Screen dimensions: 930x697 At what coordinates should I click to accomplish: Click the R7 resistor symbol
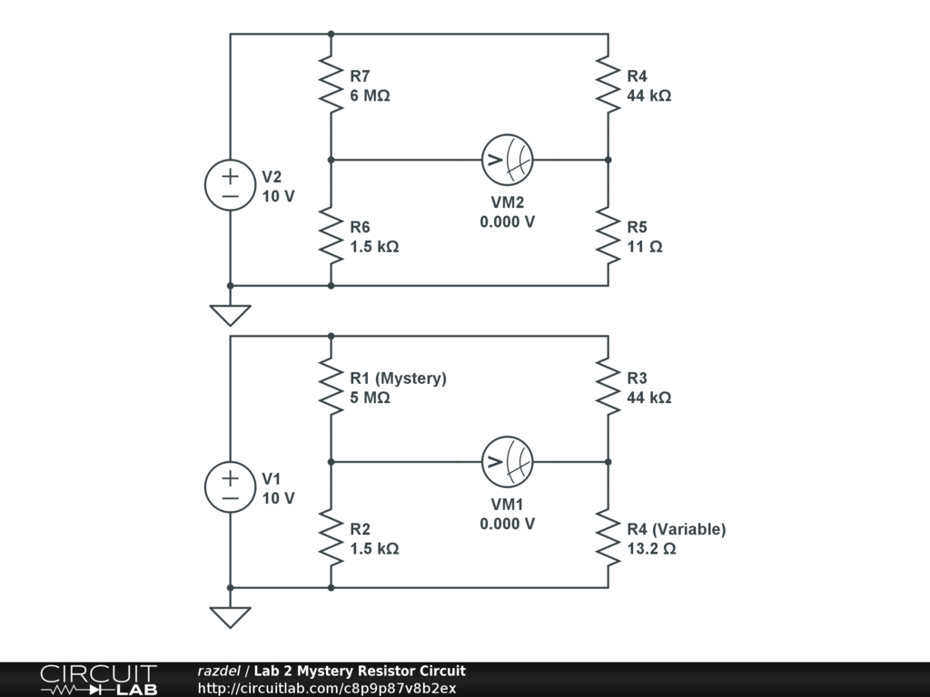[x=331, y=84]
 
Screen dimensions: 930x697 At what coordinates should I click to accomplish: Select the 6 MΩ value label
[x=371, y=95]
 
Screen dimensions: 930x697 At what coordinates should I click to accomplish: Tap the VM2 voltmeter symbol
[x=507, y=160]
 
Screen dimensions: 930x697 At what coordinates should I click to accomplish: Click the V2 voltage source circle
[x=230, y=185]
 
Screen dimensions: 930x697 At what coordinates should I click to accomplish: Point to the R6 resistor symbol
[x=331, y=235]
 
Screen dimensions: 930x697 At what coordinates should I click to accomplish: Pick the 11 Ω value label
[x=645, y=247]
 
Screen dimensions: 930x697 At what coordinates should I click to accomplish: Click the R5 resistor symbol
[x=608, y=235]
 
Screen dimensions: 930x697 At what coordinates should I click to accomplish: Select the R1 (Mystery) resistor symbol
[x=331, y=387]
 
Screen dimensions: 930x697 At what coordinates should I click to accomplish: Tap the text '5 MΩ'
[x=371, y=398]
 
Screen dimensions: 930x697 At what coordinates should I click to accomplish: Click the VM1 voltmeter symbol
[x=507, y=462]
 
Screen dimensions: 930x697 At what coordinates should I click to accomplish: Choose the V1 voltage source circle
[x=230, y=487]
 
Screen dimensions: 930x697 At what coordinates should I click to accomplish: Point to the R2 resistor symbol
[x=331, y=537]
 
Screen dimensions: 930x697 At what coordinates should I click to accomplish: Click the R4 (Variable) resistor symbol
[x=608, y=537]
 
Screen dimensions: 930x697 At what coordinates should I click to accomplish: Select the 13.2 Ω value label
[x=652, y=549]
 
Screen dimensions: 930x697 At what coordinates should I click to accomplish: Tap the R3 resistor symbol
[x=608, y=387]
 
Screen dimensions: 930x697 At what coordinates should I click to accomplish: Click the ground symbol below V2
[x=230, y=315]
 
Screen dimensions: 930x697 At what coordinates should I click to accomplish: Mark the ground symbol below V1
[x=230, y=617]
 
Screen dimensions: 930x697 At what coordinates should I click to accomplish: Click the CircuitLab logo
[x=98, y=680]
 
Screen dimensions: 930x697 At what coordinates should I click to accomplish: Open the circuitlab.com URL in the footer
[x=327, y=688]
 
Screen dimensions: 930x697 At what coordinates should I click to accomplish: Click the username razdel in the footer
[x=219, y=671]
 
